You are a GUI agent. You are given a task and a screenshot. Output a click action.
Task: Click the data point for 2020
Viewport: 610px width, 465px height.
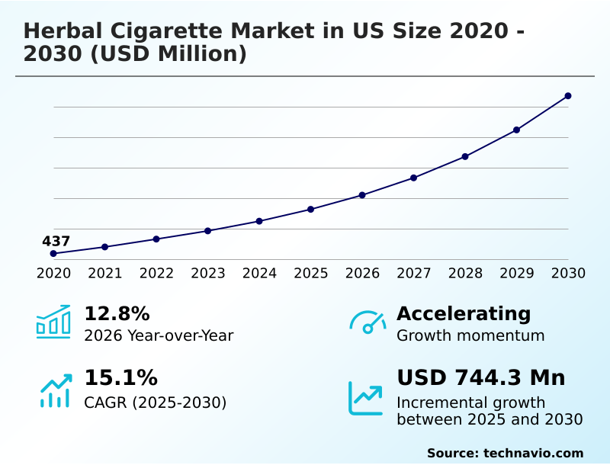(53, 253)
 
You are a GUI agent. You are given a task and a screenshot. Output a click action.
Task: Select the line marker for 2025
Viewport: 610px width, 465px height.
(311, 209)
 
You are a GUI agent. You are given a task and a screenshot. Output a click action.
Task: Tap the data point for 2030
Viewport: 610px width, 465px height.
(568, 96)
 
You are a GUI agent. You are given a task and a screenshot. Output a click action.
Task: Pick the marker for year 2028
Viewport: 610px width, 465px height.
(465, 156)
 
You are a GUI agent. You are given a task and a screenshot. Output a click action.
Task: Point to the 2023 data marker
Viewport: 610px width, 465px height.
(207, 230)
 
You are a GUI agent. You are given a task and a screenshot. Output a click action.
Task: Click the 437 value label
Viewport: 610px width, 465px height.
(56, 242)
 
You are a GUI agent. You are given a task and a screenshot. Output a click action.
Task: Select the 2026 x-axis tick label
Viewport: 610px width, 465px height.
(362, 273)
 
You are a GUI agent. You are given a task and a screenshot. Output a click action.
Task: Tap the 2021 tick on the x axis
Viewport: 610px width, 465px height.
(105, 273)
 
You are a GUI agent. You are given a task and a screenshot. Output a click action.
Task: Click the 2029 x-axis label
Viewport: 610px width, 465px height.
(517, 273)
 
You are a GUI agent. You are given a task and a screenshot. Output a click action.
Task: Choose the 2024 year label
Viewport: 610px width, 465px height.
(259, 273)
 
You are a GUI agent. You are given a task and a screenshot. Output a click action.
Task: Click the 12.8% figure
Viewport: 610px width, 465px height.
(117, 313)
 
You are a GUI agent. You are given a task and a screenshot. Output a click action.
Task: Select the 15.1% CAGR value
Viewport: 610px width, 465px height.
(120, 377)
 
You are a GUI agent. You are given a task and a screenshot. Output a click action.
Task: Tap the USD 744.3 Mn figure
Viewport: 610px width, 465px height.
(481, 377)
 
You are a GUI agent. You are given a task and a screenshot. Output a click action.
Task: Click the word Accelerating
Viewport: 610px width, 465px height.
(464, 313)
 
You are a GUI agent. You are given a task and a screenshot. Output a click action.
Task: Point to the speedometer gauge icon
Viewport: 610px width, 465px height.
(368, 322)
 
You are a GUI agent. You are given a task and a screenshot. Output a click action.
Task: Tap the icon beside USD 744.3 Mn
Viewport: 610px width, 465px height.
(366, 397)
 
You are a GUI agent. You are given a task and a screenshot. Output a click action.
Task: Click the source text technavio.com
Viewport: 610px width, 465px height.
(533, 453)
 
